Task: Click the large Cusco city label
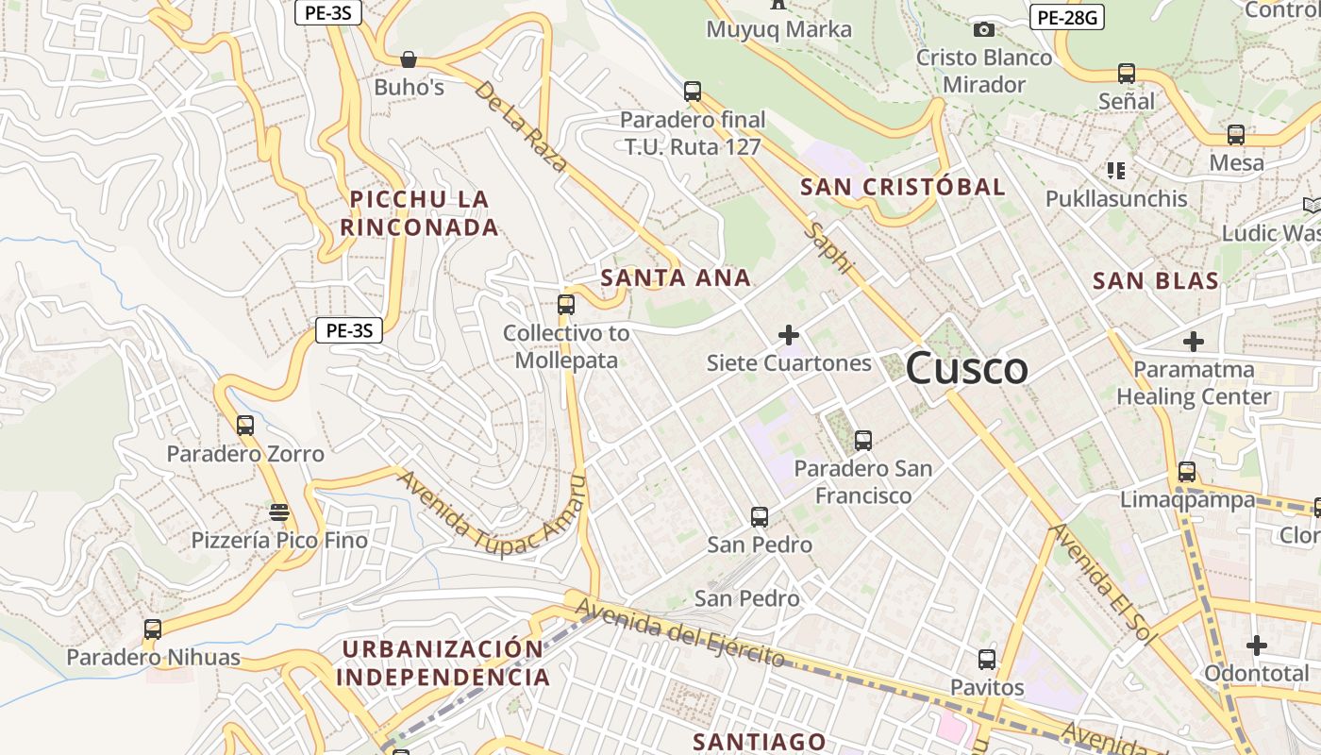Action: pos(966,368)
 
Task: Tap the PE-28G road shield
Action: pos(1066,16)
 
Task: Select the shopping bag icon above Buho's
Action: pos(409,59)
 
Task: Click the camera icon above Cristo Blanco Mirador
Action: pos(984,30)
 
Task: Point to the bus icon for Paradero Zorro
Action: pos(245,425)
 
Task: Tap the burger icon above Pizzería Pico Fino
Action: pos(278,512)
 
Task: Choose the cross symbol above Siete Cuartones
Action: pos(789,334)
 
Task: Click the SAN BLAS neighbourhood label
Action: pos(1155,280)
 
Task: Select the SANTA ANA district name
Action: pos(676,277)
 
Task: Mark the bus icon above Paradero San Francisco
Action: pos(862,440)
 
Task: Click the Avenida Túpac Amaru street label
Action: pos(491,514)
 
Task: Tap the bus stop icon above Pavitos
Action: pos(987,659)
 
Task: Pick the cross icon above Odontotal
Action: pos(1256,646)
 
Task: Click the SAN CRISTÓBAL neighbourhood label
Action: pos(902,187)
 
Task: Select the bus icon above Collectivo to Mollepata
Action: pos(566,304)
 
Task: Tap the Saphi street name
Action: pos(828,249)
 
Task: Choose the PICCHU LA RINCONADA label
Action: pos(420,213)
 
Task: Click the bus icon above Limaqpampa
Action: pos(1187,471)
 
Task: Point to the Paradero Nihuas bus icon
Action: pos(153,629)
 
